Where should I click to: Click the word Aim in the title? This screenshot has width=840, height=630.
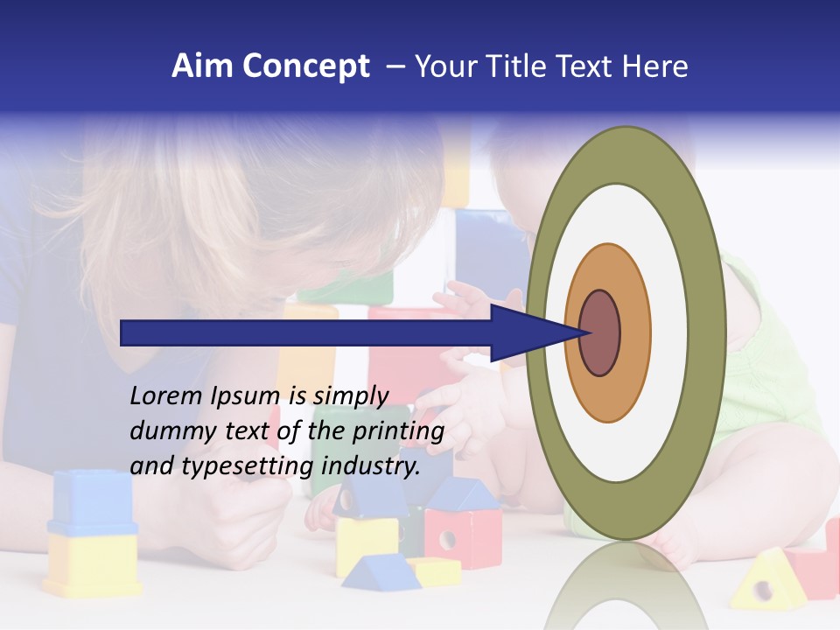click(x=202, y=66)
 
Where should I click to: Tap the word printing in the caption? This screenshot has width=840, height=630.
click(x=397, y=431)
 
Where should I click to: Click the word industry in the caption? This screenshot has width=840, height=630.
click(x=371, y=466)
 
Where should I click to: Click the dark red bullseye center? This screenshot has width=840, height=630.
click(x=600, y=333)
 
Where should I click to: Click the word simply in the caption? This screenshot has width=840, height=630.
click(x=350, y=396)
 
